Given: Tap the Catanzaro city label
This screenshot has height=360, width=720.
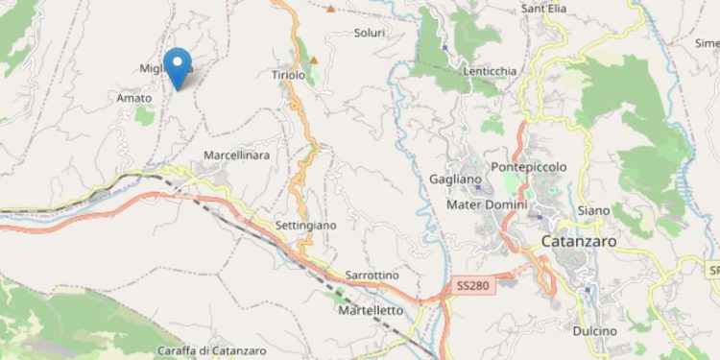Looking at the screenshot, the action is tap(577, 242).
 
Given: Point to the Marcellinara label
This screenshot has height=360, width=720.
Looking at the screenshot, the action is tap(236, 155).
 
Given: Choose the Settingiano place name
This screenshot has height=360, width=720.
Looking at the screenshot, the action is tap(305, 225).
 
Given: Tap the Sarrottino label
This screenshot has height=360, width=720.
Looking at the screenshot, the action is tap(372, 275).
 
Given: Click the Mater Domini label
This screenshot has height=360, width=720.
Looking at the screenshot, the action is tap(488, 204).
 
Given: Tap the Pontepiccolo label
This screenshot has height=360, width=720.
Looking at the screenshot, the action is tap(528, 167).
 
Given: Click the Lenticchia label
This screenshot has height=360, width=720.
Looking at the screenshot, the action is tap(491, 71).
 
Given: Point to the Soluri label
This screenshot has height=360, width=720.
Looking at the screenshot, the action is tap(369, 33).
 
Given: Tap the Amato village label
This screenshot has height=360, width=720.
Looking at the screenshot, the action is tap(133, 98).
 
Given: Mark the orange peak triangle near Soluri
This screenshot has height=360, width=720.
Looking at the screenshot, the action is tap(330, 10).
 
